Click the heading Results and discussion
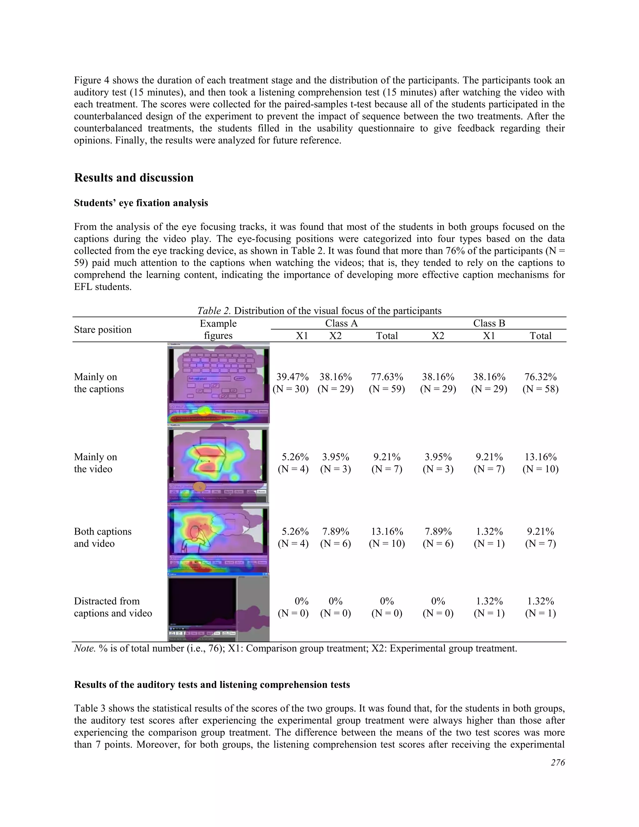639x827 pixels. pyautogui.click(x=134, y=178)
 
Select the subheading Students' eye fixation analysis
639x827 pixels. pyautogui.click(x=141, y=203)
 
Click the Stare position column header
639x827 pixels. pyautogui.click(x=103, y=330)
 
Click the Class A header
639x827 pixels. pyautogui.click(x=341, y=323)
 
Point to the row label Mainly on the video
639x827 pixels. pyautogui.click(x=95, y=463)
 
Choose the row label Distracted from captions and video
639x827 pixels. pyautogui.click(x=113, y=607)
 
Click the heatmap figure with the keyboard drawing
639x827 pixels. pyautogui.click(x=218, y=383)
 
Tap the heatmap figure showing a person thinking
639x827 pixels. pyautogui.click(x=218, y=538)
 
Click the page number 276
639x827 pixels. pyautogui.click(x=558, y=763)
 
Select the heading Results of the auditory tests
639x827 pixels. pyautogui.click(x=212, y=685)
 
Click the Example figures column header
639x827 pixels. pyautogui.click(x=218, y=330)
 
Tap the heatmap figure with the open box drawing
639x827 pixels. pyautogui.click(x=218, y=465)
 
